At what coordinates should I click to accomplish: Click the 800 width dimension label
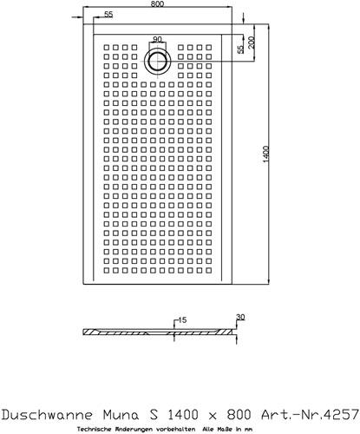(x=157, y=3)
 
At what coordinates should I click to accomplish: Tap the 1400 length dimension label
(x=266, y=155)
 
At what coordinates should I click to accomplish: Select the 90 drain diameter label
(x=157, y=39)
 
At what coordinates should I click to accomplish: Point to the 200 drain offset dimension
(x=252, y=43)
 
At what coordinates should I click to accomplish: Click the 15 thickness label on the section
(x=182, y=320)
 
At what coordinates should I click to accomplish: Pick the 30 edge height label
(x=240, y=317)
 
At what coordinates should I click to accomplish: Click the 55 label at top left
(x=108, y=14)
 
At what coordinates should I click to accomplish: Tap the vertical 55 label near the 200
(x=240, y=49)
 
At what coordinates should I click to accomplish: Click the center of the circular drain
(x=158, y=62)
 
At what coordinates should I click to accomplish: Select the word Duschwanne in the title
(x=47, y=415)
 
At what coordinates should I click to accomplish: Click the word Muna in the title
(x=121, y=415)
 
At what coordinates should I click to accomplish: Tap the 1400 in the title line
(x=183, y=415)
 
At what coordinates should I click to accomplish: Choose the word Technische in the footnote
(x=92, y=430)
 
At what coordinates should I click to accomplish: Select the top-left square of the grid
(x=107, y=47)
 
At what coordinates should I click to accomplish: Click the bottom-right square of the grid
(x=208, y=270)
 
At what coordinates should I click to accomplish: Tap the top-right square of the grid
(x=208, y=47)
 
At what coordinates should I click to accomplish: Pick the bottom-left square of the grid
(x=107, y=270)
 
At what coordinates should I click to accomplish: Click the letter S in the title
(x=154, y=415)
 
